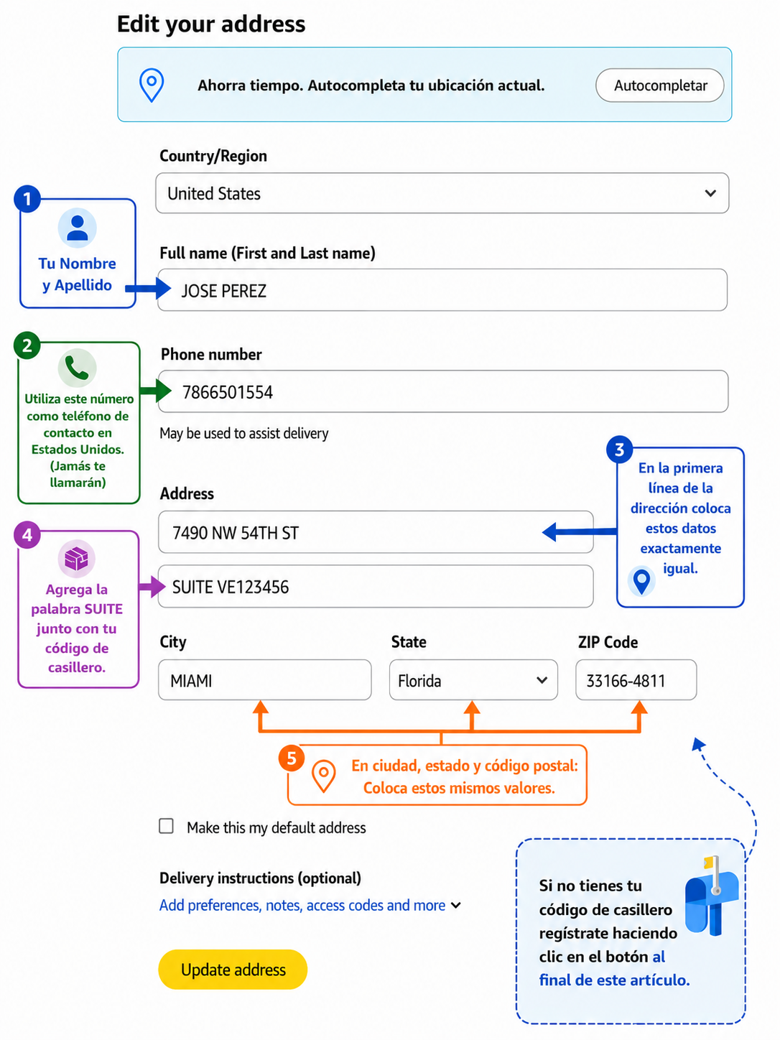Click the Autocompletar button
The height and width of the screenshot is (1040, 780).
click(659, 85)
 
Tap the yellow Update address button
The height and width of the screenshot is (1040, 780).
click(233, 969)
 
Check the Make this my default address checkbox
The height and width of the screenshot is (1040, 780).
click(166, 826)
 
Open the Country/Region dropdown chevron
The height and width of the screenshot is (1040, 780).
click(710, 193)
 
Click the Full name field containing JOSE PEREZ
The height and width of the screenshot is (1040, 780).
click(442, 290)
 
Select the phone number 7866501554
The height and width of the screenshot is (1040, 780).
click(228, 392)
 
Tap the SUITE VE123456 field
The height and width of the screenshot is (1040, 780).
click(376, 586)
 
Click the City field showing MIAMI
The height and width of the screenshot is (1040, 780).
click(265, 680)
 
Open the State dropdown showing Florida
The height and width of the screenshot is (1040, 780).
click(473, 680)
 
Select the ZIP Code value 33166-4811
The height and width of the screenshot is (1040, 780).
click(626, 681)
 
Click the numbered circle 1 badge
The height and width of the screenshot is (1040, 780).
click(27, 198)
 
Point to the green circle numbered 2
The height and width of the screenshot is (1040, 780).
click(27, 345)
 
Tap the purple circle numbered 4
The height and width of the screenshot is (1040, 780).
click(27, 534)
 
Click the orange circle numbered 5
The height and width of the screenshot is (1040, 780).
click(292, 758)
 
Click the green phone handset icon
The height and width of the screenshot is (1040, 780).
click(77, 368)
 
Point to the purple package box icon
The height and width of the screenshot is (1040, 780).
click(77, 558)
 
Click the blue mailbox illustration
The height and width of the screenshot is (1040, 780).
click(711, 896)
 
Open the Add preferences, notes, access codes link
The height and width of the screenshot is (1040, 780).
click(302, 906)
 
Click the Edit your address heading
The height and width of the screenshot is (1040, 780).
click(211, 24)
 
